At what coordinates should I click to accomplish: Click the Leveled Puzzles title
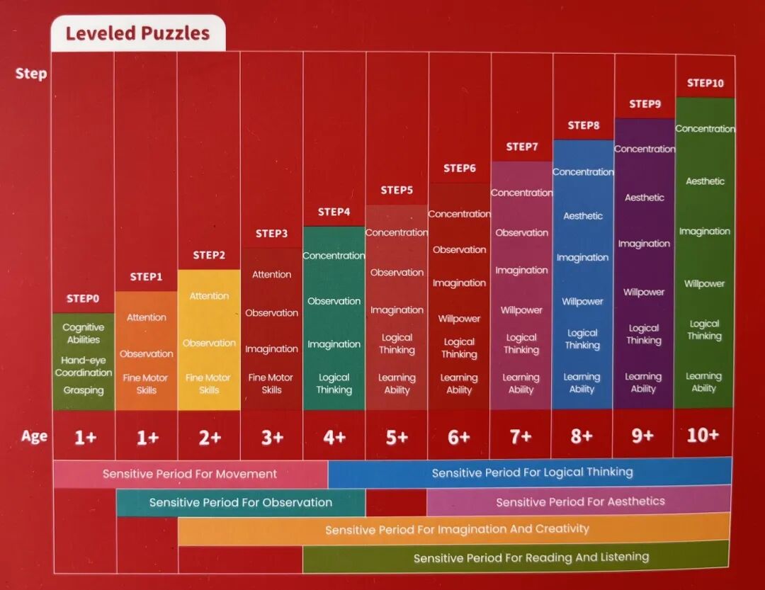137,33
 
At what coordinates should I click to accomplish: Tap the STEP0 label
82,298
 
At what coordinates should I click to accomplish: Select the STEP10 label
705,83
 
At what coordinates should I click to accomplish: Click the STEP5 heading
397,190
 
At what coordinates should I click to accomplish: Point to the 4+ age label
334,437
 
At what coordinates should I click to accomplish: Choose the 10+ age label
703,435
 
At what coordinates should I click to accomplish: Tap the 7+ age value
521,436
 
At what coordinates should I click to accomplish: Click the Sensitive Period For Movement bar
191,474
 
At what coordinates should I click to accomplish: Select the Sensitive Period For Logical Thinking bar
531,472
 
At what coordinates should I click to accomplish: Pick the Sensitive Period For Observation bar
241,502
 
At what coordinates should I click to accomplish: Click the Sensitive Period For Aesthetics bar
579,501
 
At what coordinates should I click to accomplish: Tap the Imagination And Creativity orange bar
454,530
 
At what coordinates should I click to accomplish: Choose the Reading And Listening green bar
516,557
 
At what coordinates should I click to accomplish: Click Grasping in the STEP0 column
84,390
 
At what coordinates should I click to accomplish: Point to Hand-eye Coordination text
84,366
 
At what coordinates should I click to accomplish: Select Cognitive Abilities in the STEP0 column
84,334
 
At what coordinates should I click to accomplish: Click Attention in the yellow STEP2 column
209,296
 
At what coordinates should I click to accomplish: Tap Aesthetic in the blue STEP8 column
583,216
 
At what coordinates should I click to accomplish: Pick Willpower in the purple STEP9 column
643,292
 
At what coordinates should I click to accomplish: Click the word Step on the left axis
30,74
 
